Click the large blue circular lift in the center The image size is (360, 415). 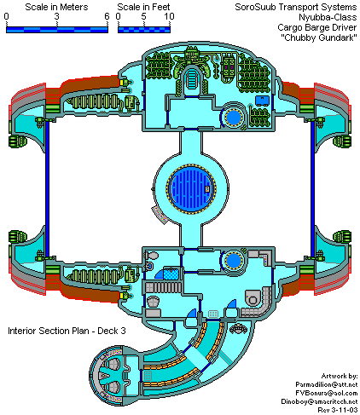[x=191, y=188]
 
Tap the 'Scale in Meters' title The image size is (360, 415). [x=56, y=7]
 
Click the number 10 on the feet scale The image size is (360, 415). [x=169, y=16]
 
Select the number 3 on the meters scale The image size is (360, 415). [x=57, y=16]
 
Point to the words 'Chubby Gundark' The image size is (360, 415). [x=319, y=37]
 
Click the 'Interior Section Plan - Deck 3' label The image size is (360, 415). [x=67, y=331]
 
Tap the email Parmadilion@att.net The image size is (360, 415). [x=327, y=384]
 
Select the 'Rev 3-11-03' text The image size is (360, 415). [x=338, y=410]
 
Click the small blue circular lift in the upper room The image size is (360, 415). [x=233, y=117]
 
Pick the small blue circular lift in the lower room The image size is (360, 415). [x=233, y=261]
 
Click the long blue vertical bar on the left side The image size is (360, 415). [x=47, y=189]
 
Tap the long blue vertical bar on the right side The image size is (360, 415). [x=312, y=189]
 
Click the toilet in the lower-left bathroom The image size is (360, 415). [x=152, y=256]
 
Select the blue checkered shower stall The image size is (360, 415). [x=171, y=274]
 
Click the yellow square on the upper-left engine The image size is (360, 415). [x=123, y=83]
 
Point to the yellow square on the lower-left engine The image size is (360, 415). [x=123, y=296]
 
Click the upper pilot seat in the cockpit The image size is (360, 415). [x=113, y=364]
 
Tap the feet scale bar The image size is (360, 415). [x=144, y=30]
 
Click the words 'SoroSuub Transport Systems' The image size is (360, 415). [x=296, y=7]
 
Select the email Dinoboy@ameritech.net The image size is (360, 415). [x=319, y=401]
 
